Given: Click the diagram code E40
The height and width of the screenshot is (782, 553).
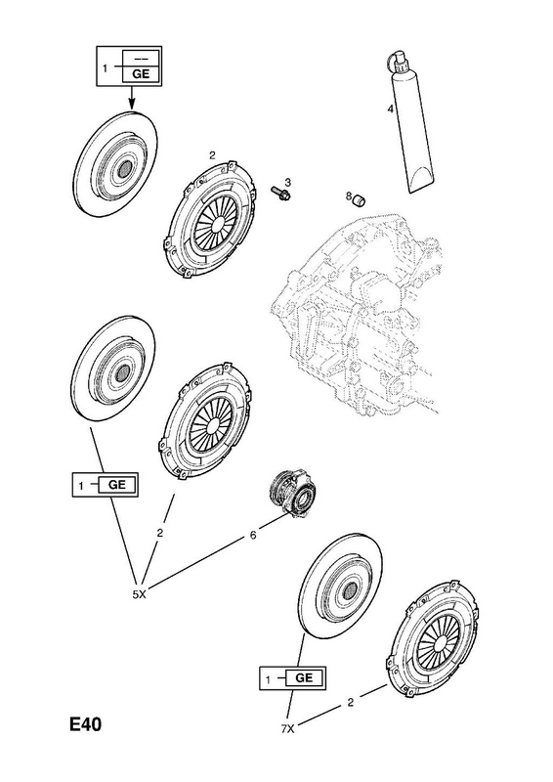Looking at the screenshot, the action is [x=85, y=724].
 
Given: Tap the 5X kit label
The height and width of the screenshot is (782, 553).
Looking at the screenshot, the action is [x=139, y=594].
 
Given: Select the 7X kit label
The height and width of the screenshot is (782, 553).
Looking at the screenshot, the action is [x=287, y=729].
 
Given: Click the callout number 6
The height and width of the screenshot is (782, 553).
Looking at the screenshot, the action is [x=253, y=535].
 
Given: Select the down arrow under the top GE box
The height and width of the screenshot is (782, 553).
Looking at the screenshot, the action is [x=132, y=98].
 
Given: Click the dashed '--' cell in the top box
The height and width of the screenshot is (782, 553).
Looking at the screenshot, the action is [x=141, y=58].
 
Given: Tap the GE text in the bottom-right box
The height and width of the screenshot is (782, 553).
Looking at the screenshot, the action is [x=304, y=677].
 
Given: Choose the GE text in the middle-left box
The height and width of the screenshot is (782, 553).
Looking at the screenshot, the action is [x=116, y=484].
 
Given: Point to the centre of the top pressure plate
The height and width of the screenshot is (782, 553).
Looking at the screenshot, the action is [x=215, y=223].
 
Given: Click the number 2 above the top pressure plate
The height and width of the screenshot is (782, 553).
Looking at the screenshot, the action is [x=212, y=155].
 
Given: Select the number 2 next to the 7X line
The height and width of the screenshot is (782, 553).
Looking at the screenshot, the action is [x=350, y=702].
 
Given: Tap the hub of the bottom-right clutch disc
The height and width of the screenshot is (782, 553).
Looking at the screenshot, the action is [x=350, y=591].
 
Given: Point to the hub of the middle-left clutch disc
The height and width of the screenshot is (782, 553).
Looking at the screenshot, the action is [x=122, y=371].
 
